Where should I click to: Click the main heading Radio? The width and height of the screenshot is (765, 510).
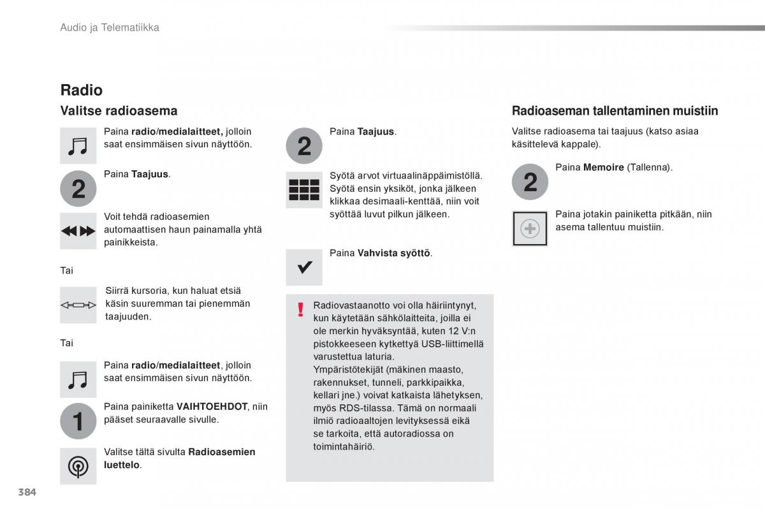81,90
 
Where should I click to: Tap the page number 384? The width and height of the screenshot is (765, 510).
27,492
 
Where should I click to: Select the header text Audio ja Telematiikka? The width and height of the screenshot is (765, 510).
110,27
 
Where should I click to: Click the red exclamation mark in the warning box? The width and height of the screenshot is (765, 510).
300,310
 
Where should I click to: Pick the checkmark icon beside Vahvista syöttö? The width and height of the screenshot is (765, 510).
304,267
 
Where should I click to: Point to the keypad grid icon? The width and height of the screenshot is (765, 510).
304,189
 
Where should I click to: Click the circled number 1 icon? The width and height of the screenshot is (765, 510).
78,421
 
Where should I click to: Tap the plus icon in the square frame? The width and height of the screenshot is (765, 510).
530,229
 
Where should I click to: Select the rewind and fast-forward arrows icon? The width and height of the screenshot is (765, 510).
78,231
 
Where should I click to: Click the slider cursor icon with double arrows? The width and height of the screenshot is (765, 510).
78,305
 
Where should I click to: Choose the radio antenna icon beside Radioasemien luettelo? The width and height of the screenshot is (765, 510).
78,467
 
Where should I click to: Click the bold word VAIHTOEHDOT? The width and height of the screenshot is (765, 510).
212,407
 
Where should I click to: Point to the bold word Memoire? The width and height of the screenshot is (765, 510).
603,168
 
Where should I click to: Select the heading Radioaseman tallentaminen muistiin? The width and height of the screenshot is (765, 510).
615,111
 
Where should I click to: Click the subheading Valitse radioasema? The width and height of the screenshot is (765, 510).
119,111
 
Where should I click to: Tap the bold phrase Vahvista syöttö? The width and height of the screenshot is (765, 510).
394,253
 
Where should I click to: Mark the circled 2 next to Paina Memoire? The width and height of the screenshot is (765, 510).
530,183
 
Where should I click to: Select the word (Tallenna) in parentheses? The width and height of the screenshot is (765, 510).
650,168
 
